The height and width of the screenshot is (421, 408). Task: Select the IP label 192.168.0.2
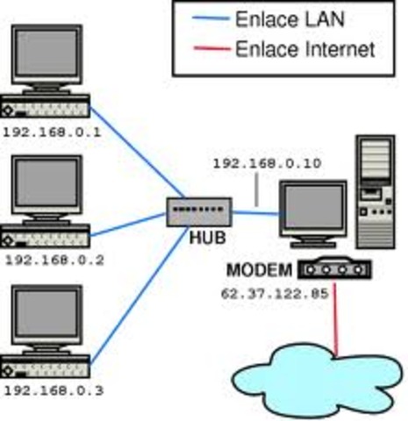coord(54,260)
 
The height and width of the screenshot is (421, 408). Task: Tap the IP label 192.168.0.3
coord(54,390)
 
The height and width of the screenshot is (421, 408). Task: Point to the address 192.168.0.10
coord(254,163)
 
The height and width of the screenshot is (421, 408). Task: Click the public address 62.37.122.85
coord(274,294)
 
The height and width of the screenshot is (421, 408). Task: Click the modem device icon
coord(333,268)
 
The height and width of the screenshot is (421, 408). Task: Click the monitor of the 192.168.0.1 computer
coord(49,57)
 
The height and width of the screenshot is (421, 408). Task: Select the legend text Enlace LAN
coord(290,19)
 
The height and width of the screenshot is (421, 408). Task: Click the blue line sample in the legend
coord(204,19)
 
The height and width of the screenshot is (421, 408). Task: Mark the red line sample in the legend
coord(204,50)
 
